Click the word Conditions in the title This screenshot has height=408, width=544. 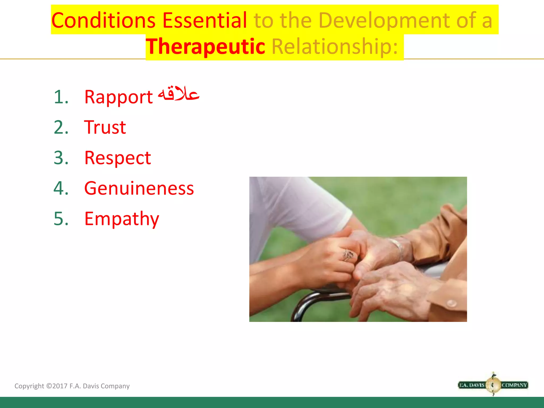click(103, 20)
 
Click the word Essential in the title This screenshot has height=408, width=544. click(205, 20)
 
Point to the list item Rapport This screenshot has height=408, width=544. click(118, 97)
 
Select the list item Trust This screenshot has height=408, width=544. click(105, 127)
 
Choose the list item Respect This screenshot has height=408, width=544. click(117, 158)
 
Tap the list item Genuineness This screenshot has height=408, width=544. click(139, 188)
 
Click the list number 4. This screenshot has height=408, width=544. click(61, 188)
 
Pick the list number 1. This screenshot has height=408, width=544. click(61, 97)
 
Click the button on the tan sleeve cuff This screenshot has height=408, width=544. click(451, 303)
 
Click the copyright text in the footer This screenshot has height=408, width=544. click(72, 386)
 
